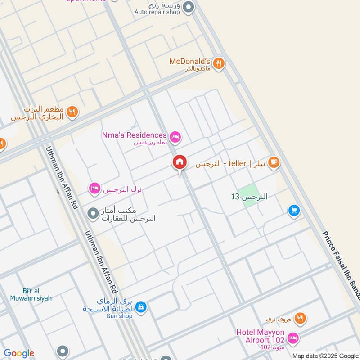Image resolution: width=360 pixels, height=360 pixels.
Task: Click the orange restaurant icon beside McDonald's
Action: tap(219, 63)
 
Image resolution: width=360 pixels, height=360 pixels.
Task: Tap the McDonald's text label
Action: tap(189, 61)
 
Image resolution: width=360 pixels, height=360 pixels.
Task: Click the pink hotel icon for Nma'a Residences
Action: tap(175, 136)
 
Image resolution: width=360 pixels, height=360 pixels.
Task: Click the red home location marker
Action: tap(179, 163)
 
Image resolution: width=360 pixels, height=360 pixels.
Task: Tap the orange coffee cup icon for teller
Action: tap(273, 162)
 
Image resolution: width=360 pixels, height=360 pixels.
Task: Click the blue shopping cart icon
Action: tap(294, 210)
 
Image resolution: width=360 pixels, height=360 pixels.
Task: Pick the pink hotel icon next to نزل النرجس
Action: tap(94, 188)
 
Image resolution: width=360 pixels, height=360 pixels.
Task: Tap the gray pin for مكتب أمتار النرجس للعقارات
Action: tap(93, 213)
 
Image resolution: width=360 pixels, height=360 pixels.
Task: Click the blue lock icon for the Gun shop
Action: tap(141, 307)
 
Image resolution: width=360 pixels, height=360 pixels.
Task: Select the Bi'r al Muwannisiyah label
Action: tap(31, 294)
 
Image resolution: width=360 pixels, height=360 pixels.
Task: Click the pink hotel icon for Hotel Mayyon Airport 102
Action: tap(292, 337)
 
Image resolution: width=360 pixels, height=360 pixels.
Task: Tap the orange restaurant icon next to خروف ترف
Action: tap(301, 319)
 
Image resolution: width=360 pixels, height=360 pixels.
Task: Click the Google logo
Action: tap(19, 353)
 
